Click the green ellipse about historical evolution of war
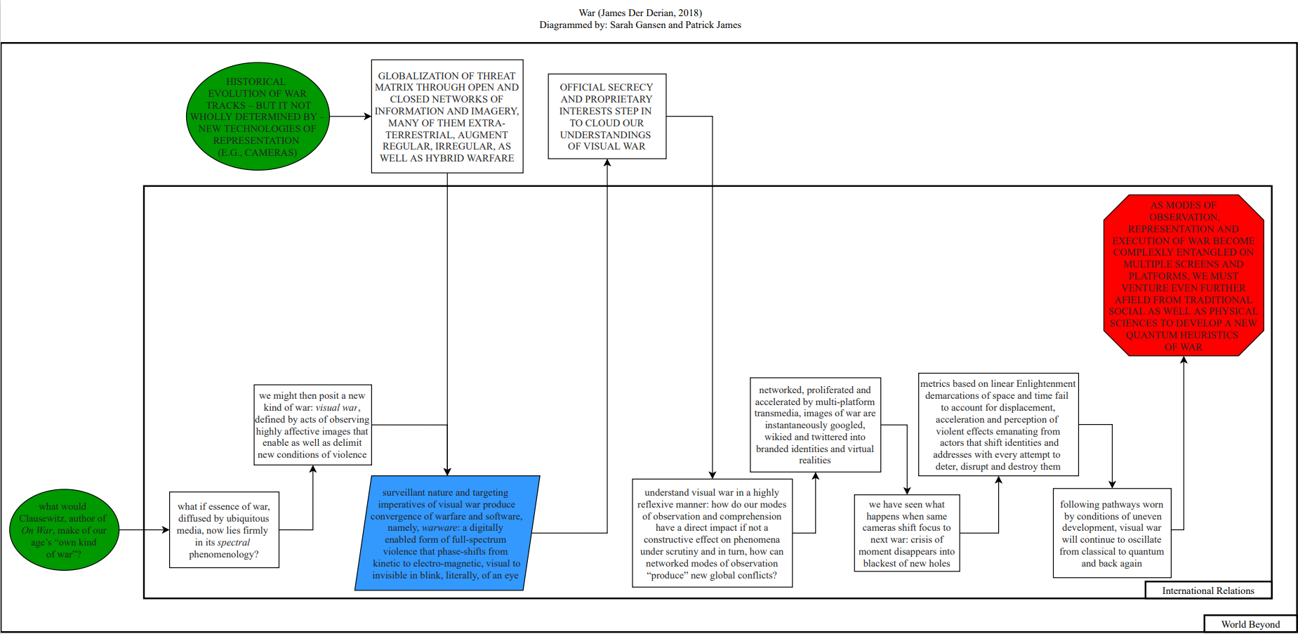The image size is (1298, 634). point(257,117)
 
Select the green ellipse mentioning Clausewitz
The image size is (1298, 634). point(64,530)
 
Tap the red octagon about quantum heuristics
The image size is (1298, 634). point(1183,275)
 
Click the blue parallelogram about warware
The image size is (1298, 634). point(446,534)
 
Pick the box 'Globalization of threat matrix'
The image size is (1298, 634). point(447,117)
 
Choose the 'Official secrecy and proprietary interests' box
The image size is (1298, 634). point(607,117)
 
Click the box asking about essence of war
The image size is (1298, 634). point(224,530)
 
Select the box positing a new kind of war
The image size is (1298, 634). point(312,425)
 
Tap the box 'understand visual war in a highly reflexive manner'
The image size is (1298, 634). point(712,534)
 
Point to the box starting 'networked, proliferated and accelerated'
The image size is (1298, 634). point(815,425)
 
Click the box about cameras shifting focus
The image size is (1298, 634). point(906,534)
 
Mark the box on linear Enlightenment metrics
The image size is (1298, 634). point(998,425)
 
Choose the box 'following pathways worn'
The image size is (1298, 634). point(1112,534)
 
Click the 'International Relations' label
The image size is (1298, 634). point(1207,590)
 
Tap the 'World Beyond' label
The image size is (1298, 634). point(1250,624)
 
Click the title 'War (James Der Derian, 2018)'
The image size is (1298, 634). point(640,13)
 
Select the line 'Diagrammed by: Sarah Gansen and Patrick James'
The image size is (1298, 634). point(640,25)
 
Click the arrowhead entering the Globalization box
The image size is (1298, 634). point(367,117)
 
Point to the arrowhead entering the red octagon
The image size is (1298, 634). point(1184,360)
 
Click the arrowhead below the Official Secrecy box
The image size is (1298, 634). point(607,163)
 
